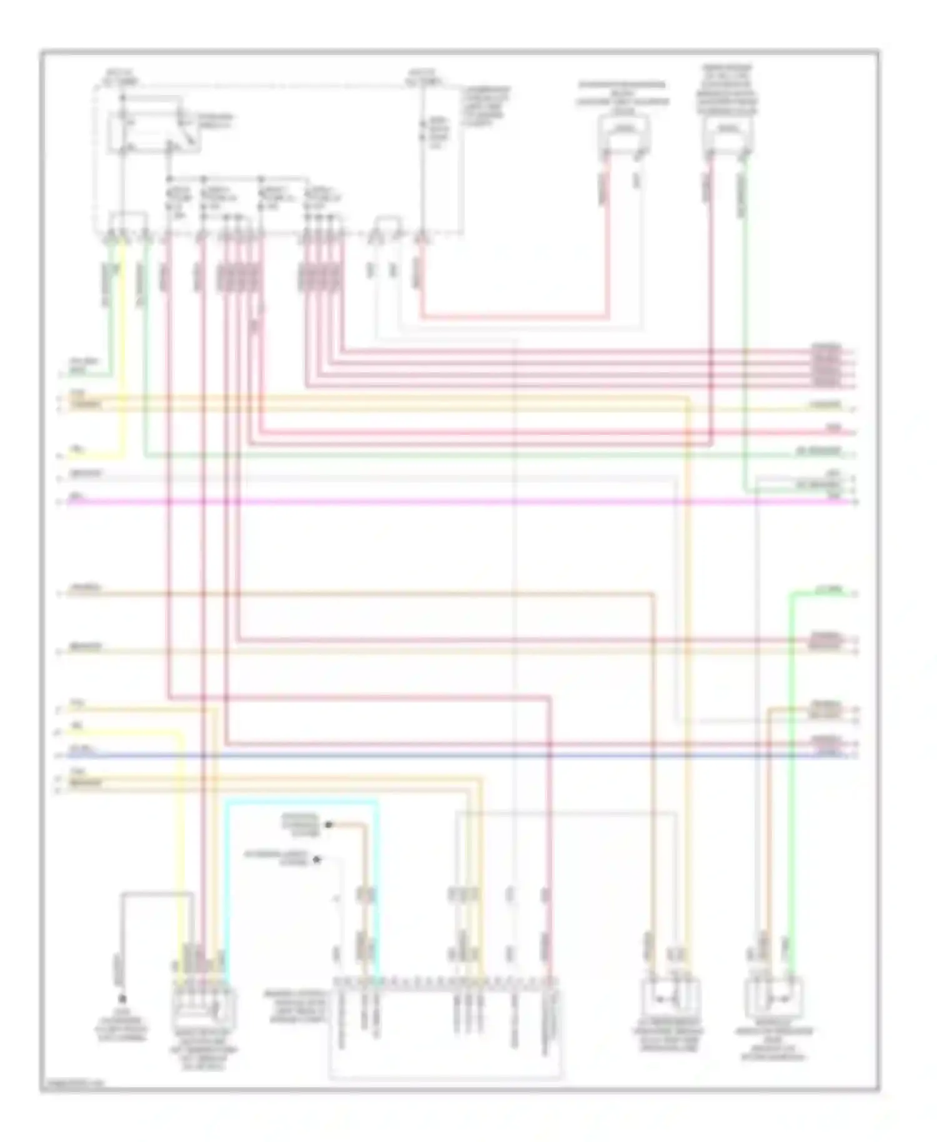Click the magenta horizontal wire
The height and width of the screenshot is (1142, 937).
pyautogui.click(x=437, y=502)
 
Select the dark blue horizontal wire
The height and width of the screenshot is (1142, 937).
pyautogui.click(x=437, y=756)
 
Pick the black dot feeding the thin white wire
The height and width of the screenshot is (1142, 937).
pyautogui.click(x=317, y=860)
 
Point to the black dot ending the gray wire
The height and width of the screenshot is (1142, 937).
pyautogui.click(x=122, y=1000)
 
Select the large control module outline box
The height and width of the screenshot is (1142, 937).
pyautogui.click(x=445, y=1028)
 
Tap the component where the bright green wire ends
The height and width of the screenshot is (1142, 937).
pyautogui.click(x=773, y=998)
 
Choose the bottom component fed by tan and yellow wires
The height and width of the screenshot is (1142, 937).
pyautogui.click(x=670, y=998)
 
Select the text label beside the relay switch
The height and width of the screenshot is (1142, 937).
pyautogui.click(x=216, y=121)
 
